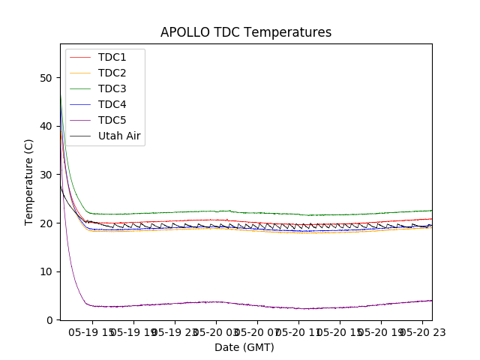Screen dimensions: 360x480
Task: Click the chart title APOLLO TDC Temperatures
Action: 246,32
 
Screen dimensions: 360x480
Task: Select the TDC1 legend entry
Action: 112,58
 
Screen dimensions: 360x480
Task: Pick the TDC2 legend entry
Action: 112,73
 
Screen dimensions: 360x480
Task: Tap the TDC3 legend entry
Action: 112,89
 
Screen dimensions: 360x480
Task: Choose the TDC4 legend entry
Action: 112,105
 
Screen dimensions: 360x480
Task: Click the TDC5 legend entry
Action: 112,121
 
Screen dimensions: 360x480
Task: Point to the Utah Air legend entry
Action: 119,136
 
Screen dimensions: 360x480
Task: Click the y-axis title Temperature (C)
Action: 29,182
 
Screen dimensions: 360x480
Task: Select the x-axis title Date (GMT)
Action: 244,347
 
